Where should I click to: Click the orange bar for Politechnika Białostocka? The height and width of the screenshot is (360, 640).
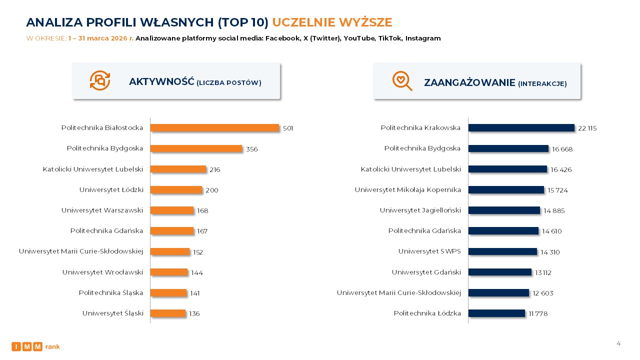[214, 128]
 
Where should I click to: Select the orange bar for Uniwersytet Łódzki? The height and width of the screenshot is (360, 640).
[176, 190]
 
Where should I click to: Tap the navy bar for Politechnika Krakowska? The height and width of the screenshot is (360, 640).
[521, 128]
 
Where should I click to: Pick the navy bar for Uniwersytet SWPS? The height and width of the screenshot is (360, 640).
[502, 251]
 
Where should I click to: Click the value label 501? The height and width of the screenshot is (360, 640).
[288, 128]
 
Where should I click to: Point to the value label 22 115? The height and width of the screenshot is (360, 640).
[587, 128]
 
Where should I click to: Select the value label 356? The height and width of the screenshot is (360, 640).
[252, 149]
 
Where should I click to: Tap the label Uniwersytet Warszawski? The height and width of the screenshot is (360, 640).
[102, 210]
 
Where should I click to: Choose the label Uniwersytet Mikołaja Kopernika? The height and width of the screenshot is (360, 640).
[407, 190]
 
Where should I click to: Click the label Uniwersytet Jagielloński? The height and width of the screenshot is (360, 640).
[420, 210]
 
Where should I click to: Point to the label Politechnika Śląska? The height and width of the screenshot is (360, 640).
[110, 293]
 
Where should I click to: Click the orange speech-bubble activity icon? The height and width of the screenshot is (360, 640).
[99, 80]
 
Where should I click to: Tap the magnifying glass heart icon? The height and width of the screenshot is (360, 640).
[402, 80]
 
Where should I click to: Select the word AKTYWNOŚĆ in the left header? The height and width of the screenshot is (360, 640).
[161, 82]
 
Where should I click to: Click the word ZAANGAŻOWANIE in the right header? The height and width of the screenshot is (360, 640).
[469, 82]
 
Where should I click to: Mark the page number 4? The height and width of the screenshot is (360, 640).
[618, 343]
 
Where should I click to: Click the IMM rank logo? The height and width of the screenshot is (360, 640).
[35, 346]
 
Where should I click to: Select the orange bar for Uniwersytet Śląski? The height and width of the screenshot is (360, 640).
[167, 313]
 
